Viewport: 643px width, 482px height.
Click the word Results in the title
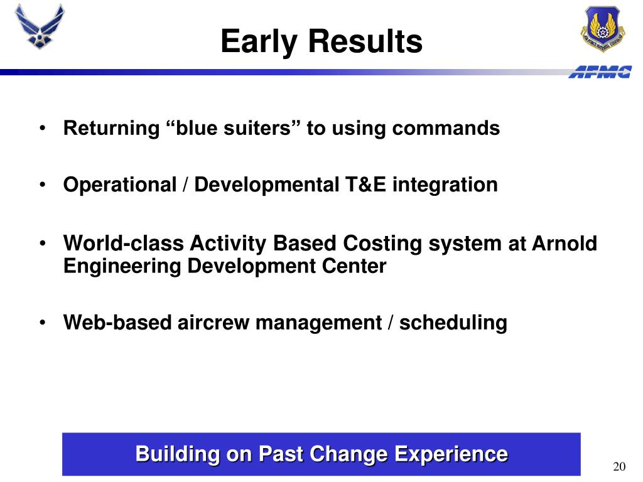(x=365, y=41)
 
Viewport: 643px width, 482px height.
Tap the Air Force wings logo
(x=40, y=26)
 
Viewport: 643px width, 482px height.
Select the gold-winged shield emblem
(x=602, y=29)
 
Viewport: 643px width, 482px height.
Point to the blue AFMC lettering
(x=600, y=72)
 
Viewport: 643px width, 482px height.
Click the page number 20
(x=619, y=466)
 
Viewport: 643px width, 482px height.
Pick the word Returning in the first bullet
(x=112, y=129)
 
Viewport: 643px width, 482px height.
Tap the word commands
(x=446, y=128)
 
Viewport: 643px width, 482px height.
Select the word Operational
(x=120, y=185)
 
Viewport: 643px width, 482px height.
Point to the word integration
(x=445, y=185)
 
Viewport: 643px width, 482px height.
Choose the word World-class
(x=124, y=243)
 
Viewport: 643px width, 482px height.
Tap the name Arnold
(x=565, y=243)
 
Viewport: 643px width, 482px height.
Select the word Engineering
(x=122, y=267)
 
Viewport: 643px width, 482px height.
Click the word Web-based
(x=117, y=323)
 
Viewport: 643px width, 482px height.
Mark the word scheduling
(x=453, y=323)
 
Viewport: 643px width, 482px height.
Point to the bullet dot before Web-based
(x=43, y=323)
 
